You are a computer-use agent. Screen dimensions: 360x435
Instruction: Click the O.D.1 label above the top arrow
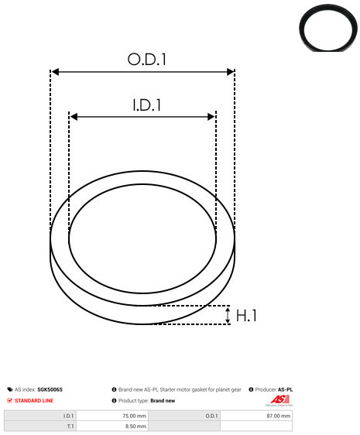(147, 59)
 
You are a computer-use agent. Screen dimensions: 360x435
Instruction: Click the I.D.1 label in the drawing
(147, 105)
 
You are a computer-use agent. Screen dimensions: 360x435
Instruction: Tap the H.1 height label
(246, 316)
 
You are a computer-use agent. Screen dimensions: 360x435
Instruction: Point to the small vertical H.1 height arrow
(228, 315)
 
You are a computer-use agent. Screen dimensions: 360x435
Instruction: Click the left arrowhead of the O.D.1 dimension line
(56, 72)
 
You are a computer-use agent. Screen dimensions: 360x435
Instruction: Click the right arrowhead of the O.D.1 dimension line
(231, 72)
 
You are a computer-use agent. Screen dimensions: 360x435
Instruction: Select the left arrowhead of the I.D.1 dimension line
(74, 117)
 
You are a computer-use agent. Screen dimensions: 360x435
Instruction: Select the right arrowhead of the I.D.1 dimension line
(211, 117)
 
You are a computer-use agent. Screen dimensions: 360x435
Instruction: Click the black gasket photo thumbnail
(328, 28)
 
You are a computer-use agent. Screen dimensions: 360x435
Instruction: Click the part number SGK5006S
(50, 389)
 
